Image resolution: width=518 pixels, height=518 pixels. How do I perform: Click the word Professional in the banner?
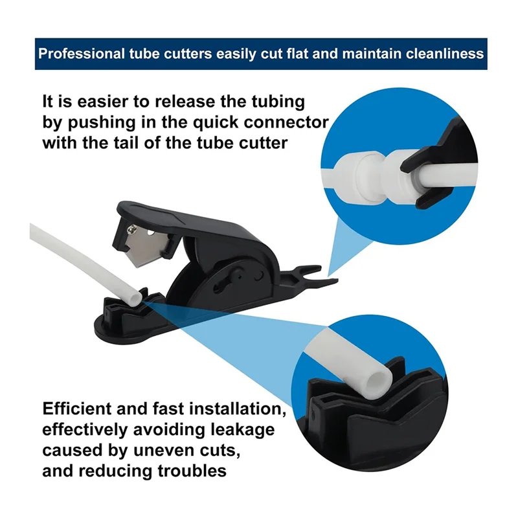[x=82, y=54]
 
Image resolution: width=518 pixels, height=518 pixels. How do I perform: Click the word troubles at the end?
[x=192, y=471]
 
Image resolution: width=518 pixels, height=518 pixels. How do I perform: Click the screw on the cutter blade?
[x=133, y=229]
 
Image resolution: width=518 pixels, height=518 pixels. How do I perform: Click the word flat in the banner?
[x=298, y=54]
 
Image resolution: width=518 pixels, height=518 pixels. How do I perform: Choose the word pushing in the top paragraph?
[x=102, y=123]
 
